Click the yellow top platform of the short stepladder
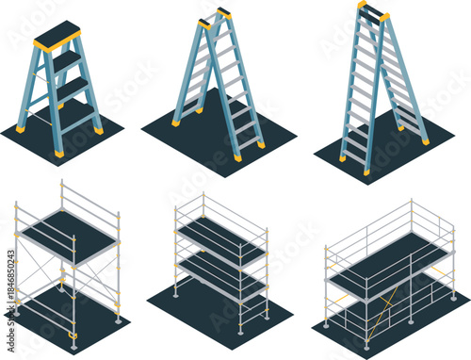57,35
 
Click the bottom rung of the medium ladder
248,143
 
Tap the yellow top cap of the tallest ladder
372,9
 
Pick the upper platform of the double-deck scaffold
220,239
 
